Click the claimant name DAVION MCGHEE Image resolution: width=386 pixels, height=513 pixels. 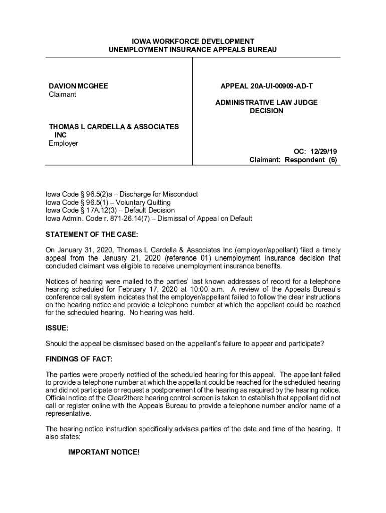78,86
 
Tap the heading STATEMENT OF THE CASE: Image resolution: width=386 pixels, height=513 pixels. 91,234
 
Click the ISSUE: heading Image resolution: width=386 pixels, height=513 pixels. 57,328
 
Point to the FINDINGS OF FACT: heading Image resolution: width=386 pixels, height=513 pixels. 79,359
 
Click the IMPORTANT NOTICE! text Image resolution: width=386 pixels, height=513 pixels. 104,452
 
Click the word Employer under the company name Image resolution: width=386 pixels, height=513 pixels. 63,143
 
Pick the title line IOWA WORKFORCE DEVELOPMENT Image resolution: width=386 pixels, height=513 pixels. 193,41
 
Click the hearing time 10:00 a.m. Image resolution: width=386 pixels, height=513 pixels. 204,289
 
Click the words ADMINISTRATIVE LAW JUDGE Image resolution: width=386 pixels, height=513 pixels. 266,103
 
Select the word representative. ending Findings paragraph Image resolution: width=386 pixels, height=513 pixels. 69,414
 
